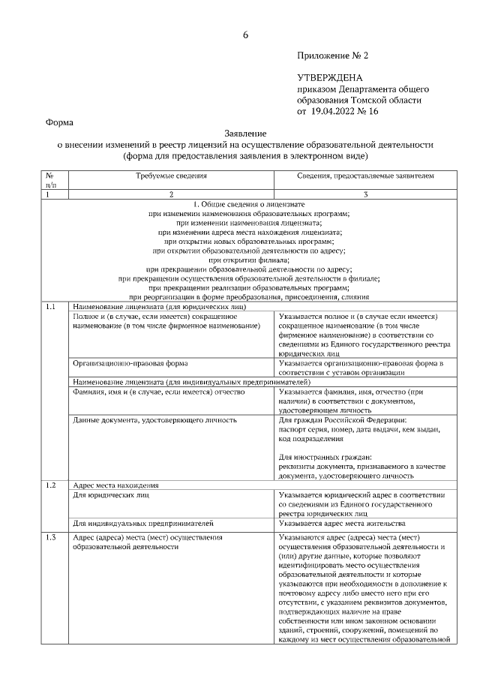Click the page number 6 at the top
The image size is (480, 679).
click(x=244, y=35)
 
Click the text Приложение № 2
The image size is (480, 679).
click(x=333, y=56)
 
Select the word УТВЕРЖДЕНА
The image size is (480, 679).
click(x=330, y=77)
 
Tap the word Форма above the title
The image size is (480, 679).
click(x=59, y=122)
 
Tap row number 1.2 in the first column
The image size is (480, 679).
click(x=50, y=485)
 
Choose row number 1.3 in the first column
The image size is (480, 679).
click(x=50, y=537)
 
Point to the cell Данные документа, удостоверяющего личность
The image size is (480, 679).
click(x=154, y=420)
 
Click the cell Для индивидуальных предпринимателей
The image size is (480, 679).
click(x=142, y=522)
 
